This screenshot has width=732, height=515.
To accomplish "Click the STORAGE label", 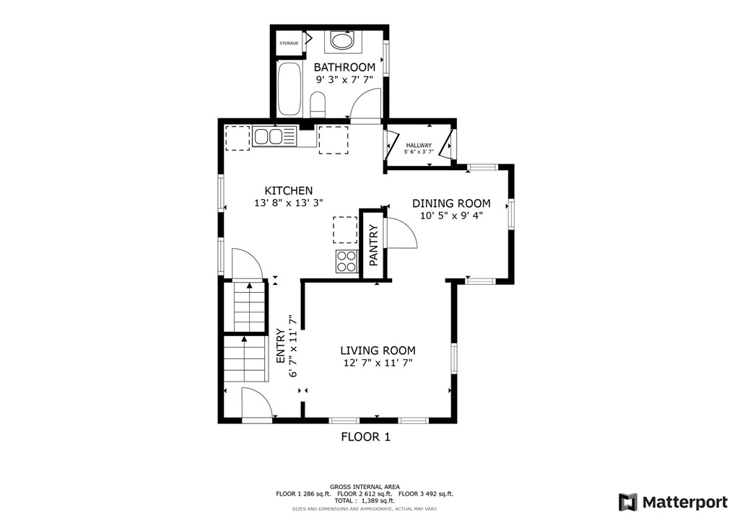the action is click(x=289, y=43).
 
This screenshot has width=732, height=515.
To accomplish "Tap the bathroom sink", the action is click(x=344, y=40).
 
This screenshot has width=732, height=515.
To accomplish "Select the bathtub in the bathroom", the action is click(x=289, y=89).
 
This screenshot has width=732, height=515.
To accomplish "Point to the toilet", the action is click(x=318, y=105).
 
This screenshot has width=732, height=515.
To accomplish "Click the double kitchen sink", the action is click(x=274, y=136).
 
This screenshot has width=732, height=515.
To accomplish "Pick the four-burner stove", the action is click(x=347, y=261).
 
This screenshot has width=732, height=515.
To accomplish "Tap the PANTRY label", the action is click(x=373, y=245).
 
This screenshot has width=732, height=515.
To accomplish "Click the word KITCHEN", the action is click(x=289, y=191).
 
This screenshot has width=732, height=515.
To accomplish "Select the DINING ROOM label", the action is click(x=451, y=203).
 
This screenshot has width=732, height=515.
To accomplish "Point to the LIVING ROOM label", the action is click(x=378, y=351).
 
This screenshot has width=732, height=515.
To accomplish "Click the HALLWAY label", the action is click(x=419, y=146).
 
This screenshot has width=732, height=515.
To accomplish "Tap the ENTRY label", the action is click(x=281, y=346).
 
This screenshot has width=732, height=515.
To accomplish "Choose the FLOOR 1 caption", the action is click(x=365, y=437).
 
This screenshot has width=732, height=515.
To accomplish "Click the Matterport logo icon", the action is click(x=628, y=502).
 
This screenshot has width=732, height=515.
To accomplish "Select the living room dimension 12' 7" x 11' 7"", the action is click(x=378, y=363).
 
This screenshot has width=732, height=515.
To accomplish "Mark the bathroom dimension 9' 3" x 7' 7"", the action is click(x=345, y=79).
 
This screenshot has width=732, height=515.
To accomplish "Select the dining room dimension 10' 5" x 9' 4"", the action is click(x=451, y=216).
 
